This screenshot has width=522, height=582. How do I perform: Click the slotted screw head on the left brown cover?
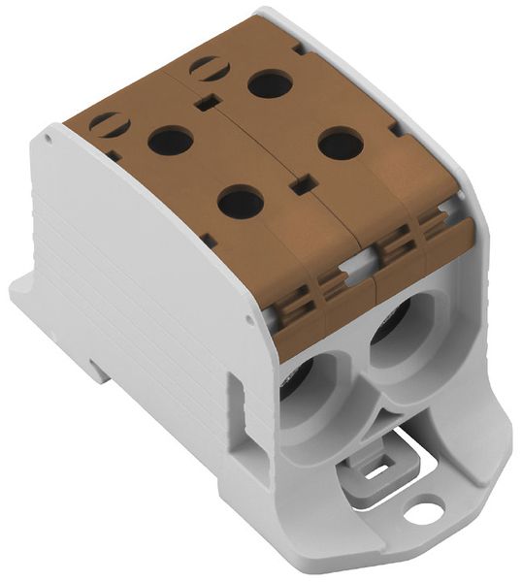[109, 125]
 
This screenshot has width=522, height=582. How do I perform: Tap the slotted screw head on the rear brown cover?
[208, 69]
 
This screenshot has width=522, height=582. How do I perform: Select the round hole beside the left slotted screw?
[170, 143]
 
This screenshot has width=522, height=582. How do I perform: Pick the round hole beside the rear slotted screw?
[270, 84]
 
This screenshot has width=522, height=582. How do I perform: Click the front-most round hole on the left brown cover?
[241, 203]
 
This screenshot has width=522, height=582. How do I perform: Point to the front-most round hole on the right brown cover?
[341, 145]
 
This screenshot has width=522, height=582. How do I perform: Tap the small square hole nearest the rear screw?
[206, 102]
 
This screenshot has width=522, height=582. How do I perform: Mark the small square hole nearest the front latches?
[304, 181]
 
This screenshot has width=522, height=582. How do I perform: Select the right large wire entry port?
[399, 325]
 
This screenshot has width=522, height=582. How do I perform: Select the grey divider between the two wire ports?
[361, 388]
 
